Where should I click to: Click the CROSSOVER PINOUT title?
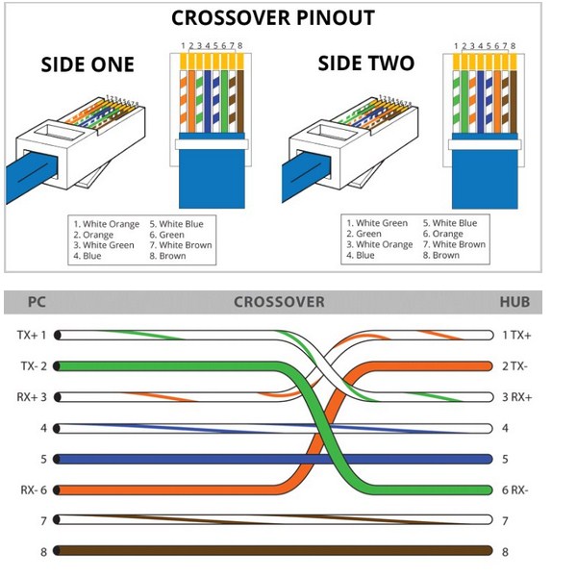[x=273, y=17]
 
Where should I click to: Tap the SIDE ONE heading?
[x=88, y=64]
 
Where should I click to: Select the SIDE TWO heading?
[x=366, y=63]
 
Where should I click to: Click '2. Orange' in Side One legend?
[x=93, y=235]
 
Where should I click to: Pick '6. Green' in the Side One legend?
[x=166, y=235]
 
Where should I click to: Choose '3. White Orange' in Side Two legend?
[x=380, y=244]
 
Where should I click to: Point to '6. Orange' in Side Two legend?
[x=442, y=234]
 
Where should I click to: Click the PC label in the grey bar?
[x=37, y=302]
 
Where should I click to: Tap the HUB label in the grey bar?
[x=514, y=302]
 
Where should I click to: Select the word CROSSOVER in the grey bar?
[x=279, y=302]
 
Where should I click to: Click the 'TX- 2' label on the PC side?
[x=34, y=366]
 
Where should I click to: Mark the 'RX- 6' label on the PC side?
[x=34, y=490]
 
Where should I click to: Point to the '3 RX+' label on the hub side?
[x=517, y=397]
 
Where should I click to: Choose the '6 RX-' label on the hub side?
[x=515, y=490]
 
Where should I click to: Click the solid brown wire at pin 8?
[x=273, y=550]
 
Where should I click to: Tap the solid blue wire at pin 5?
[x=273, y=460]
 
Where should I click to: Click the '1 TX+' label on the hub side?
[x=516, y=336]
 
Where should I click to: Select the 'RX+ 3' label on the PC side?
[x=32, y=397]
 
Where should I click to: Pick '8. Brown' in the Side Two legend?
[x=440, y=256]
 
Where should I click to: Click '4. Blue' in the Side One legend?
[x=88, y=256]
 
